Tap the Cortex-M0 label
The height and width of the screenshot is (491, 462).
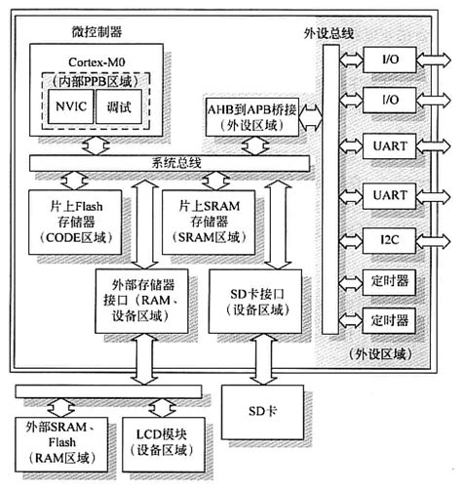click(93, 61)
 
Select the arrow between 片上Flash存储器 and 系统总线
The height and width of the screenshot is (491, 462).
click(74, 183)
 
